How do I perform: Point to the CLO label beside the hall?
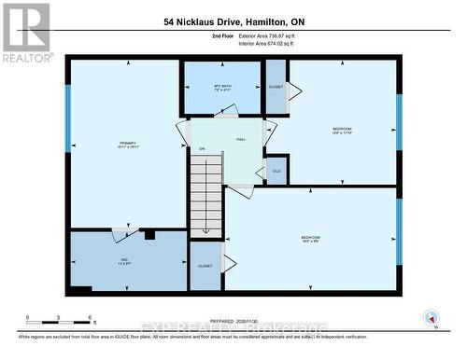tap(276, 171)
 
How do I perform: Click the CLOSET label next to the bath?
tap(276, 87)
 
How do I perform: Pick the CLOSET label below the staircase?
tap(205, 266)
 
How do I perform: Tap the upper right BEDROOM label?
tap(343, 130)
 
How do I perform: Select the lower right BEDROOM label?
tap(311, 239)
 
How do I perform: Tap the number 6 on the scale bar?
tap(90, 319)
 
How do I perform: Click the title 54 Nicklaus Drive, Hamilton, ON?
tap(233, 21)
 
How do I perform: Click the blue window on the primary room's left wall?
tap(67, 118)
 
